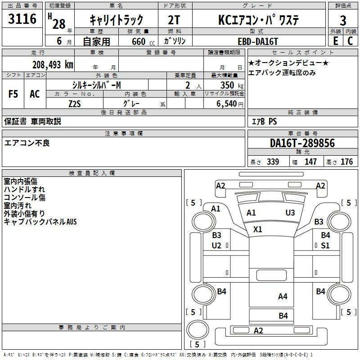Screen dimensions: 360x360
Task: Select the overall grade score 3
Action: tap(343, 20)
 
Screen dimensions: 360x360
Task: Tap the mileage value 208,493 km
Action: tap(53, 64)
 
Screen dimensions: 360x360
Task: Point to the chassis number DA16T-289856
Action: tap(302, 143)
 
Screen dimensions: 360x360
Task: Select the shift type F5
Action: tap(13, 94)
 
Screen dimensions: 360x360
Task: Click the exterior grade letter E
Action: tap(335, 41)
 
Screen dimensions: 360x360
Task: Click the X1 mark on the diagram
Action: tap(257, 229)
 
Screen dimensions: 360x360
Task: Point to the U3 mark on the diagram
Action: tap(290, 212)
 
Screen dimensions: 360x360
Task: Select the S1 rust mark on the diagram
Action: tap(325, 245)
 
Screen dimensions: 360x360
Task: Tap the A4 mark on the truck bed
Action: tap(283, 296)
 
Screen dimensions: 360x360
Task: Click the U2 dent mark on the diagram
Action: tap(216, 245)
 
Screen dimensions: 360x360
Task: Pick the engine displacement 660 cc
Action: tap(135, 41)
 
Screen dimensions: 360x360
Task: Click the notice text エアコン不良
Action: tap(27, 143)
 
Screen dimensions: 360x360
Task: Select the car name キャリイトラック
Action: tap(117, 20)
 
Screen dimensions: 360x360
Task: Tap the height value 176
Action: tap(346, 162)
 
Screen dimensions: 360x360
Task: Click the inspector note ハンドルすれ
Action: tap(24, 189)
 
